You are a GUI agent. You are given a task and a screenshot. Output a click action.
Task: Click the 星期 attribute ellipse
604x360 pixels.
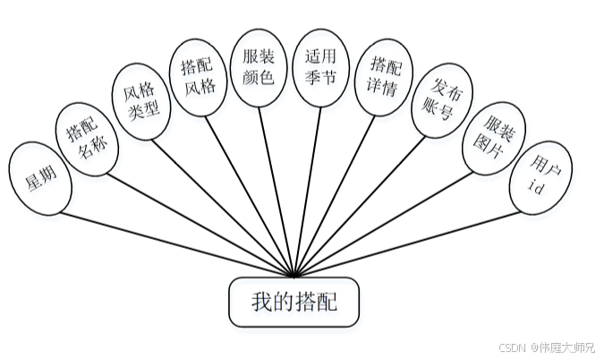click(x=38, y=177)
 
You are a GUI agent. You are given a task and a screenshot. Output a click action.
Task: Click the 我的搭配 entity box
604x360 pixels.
click(x=294, y=301)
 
